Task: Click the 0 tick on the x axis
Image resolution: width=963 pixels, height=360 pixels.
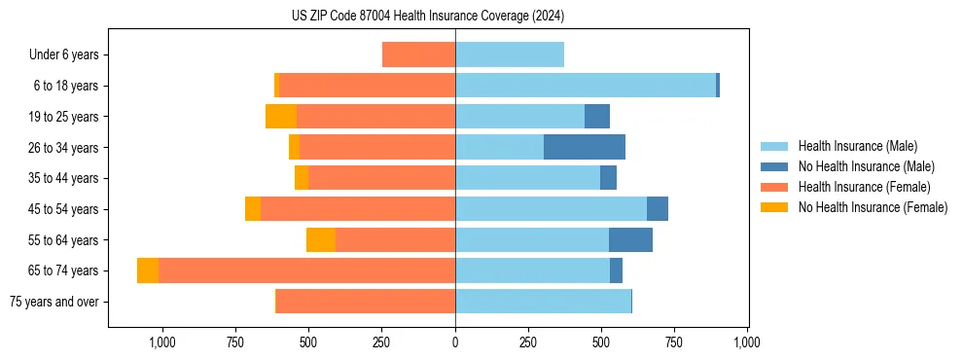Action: click(455, 342)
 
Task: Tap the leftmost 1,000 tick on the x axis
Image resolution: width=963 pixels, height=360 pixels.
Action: click(161, 342)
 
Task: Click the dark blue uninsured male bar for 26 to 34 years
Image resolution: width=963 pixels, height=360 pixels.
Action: click(584, 148)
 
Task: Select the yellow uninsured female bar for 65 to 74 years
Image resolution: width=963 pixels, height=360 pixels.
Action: click(148, 270)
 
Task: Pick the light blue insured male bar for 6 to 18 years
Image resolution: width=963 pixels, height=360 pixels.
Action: click(586, 86)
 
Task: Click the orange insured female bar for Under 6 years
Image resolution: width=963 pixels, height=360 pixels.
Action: click(418, 54)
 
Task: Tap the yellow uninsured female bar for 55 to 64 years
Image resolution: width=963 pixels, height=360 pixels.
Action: click(321, 240)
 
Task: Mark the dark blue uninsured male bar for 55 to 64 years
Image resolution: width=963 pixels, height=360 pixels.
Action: click(630, 240)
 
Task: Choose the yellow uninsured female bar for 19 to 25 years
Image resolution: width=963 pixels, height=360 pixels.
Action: click(281, 117)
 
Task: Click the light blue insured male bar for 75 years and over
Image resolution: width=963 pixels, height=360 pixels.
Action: click(543, 302)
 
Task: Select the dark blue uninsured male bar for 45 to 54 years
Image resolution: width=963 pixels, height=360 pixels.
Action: click(658, 209)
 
